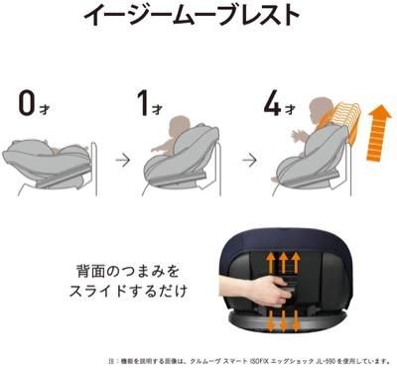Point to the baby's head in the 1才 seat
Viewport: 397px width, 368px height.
[178, 129]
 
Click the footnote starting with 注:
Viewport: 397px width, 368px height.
[248, 360]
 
